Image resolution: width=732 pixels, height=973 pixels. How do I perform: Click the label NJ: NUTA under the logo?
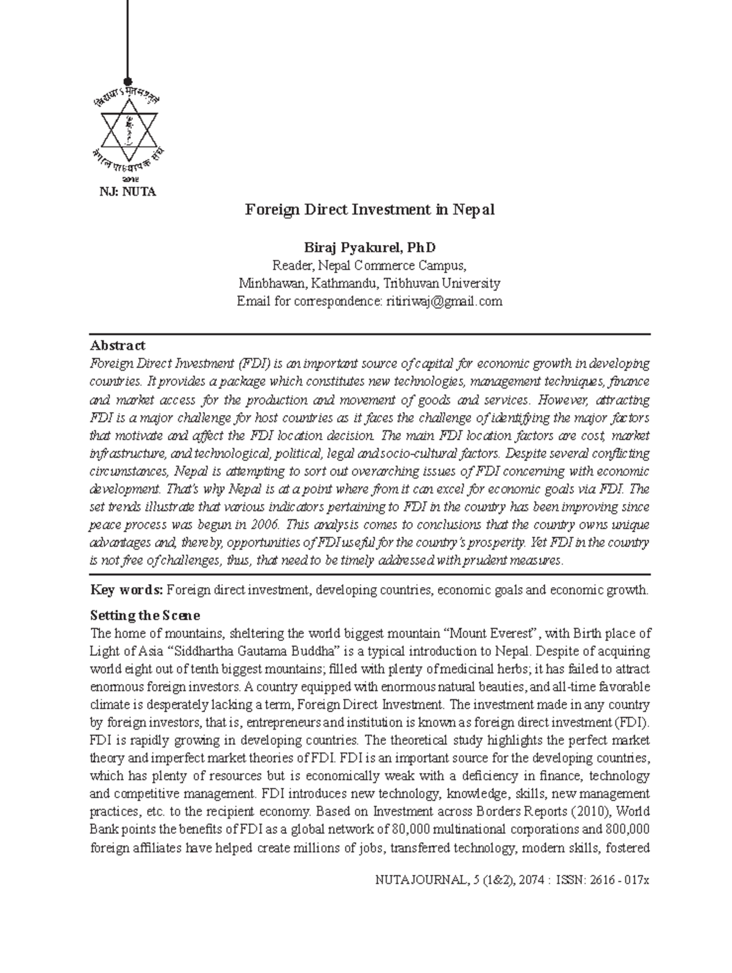[128, 192]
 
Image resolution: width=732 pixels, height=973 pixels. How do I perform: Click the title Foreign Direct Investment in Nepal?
[370, 210]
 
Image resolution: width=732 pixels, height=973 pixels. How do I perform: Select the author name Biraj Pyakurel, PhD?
[370, 248]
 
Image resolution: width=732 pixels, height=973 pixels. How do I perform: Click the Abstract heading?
[117, 346]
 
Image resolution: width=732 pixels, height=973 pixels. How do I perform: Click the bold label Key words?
[126, 590]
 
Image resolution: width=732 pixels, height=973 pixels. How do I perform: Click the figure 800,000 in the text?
[627, 830]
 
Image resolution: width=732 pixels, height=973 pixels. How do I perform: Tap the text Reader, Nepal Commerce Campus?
[370, 266]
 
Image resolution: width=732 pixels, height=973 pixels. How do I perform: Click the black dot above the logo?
[128, 82]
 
